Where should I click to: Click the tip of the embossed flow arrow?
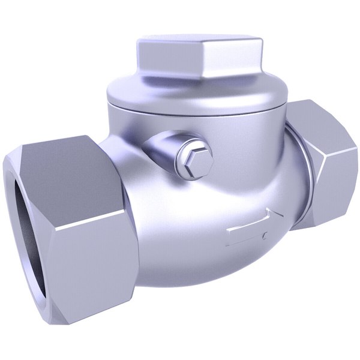280,215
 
